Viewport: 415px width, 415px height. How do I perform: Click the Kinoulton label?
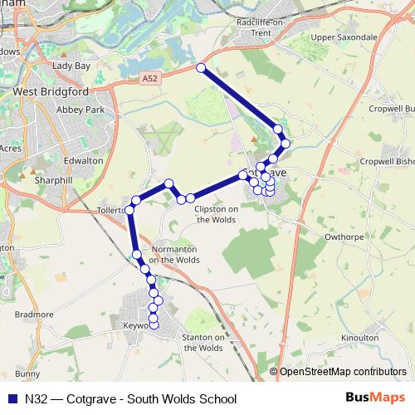tap(359, 338)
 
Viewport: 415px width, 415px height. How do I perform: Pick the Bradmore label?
tap(34, 315)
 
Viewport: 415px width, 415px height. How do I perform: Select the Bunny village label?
tap(27, 373)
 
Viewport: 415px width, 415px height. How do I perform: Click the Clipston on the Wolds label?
tap(216, 214)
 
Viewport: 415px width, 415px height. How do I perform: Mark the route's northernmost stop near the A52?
tap(200, 68)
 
